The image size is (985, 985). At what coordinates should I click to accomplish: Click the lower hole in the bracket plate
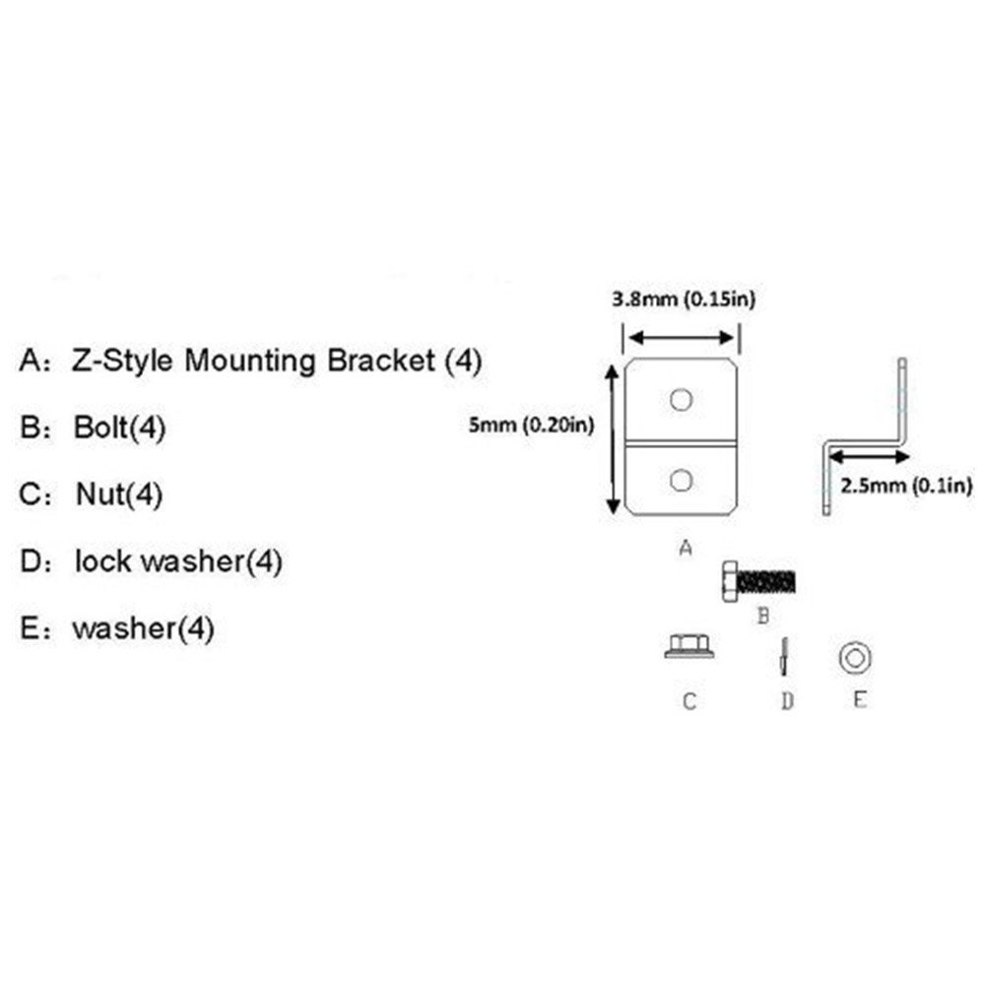coord(680,480)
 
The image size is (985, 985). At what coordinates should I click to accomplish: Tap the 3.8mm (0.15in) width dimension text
coord(684,299)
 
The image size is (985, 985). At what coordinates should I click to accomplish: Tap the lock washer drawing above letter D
coord(785,656)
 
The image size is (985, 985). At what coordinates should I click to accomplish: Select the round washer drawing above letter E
coord(853,655)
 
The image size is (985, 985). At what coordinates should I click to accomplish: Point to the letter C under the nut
coord(689,701)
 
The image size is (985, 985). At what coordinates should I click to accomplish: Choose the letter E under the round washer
coord(859,700)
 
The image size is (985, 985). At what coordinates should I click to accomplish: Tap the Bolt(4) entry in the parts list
coord(119,428)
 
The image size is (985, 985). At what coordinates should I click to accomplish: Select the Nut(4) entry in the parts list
coord(119,495)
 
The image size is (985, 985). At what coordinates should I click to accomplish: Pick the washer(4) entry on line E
coord(143,628)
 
